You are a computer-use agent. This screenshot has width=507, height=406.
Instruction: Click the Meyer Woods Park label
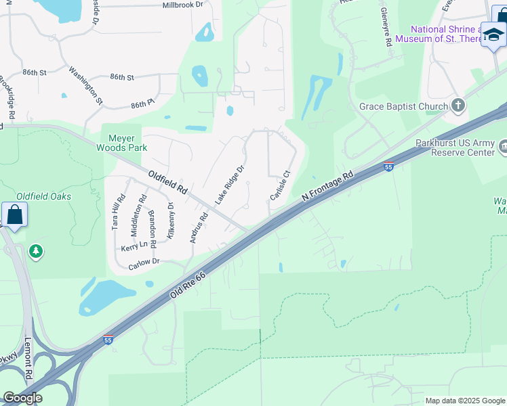[x=123, y=143]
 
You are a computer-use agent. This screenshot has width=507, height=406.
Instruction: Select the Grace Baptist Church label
[x=403, y=106]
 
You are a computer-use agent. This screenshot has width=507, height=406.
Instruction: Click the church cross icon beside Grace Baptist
[x=458, y=105]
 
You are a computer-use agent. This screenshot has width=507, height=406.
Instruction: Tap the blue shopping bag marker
[x=14, y=216]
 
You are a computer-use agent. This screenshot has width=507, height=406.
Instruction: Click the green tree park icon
[x=36, y=252]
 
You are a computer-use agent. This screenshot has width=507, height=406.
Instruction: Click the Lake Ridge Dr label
[x=229, y=184]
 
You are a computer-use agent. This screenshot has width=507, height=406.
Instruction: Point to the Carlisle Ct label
[x=279, y=185]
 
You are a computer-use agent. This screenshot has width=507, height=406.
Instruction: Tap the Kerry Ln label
[x=134, y=248]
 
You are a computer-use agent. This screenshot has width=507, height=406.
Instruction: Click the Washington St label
[x=85, y=85]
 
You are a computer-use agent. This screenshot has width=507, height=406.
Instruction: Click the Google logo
[x=22, y=398]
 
